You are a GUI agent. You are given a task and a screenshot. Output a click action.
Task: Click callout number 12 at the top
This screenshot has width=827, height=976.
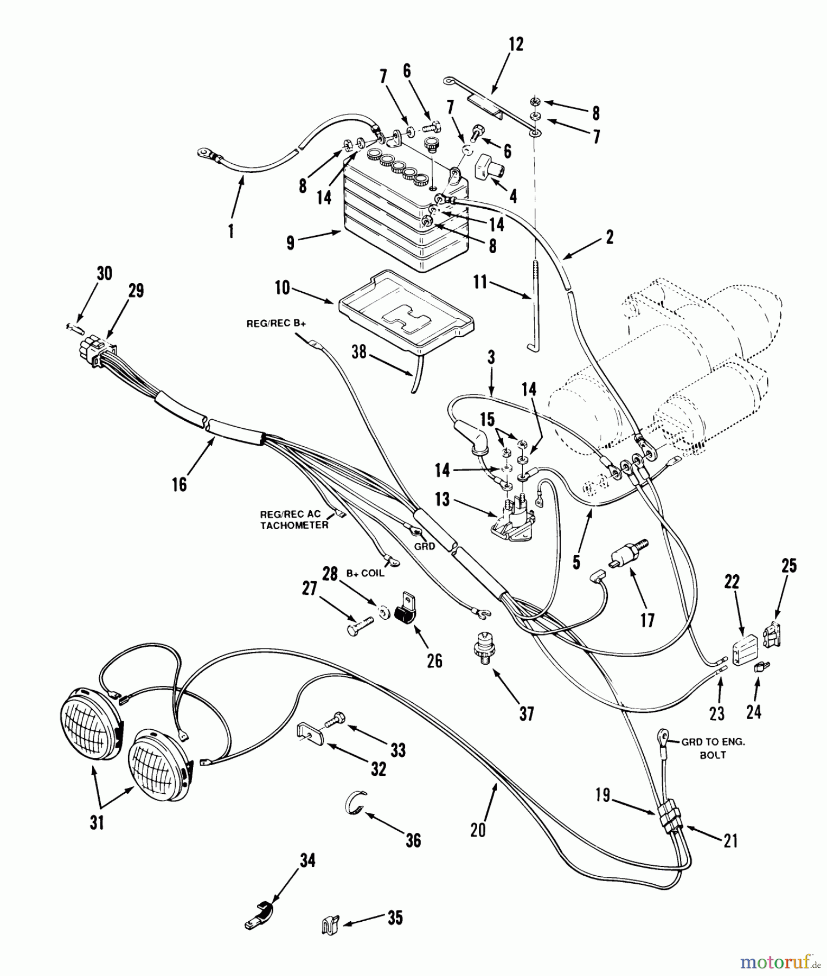[x=516, y=45]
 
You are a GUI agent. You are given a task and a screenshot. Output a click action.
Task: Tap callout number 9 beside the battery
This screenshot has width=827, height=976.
[x=291, y=242]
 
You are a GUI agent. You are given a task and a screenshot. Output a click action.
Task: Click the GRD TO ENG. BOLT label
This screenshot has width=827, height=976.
[x=713, y=748]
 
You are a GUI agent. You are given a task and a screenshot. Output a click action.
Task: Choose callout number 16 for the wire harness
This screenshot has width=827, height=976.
[x=179, y=484]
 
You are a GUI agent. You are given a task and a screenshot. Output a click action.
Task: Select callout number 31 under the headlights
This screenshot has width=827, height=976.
[x=97, y=823]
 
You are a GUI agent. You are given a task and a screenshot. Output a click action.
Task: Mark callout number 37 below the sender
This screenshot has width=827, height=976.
[x=526, y=714]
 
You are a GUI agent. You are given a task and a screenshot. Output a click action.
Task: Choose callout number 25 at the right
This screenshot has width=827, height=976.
[x=789, y=566]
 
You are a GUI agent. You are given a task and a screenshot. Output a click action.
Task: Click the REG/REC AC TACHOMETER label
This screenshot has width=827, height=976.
[x=294, y=520]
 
